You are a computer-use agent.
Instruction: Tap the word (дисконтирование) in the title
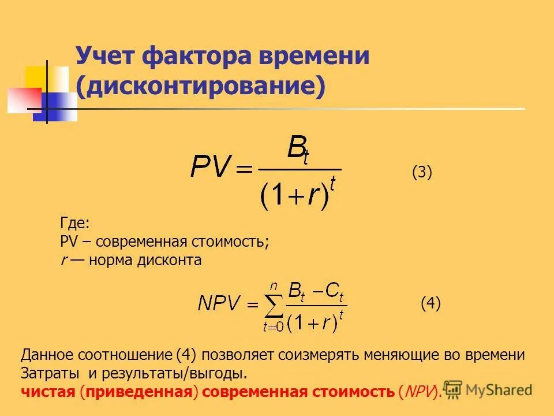point(201,86)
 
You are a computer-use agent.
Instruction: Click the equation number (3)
point(422,172)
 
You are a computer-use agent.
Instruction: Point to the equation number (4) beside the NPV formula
point(431,303)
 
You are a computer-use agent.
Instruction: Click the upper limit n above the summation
point(274,285)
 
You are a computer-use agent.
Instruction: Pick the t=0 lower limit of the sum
point(273,327)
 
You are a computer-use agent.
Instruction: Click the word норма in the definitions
point(111,260)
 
